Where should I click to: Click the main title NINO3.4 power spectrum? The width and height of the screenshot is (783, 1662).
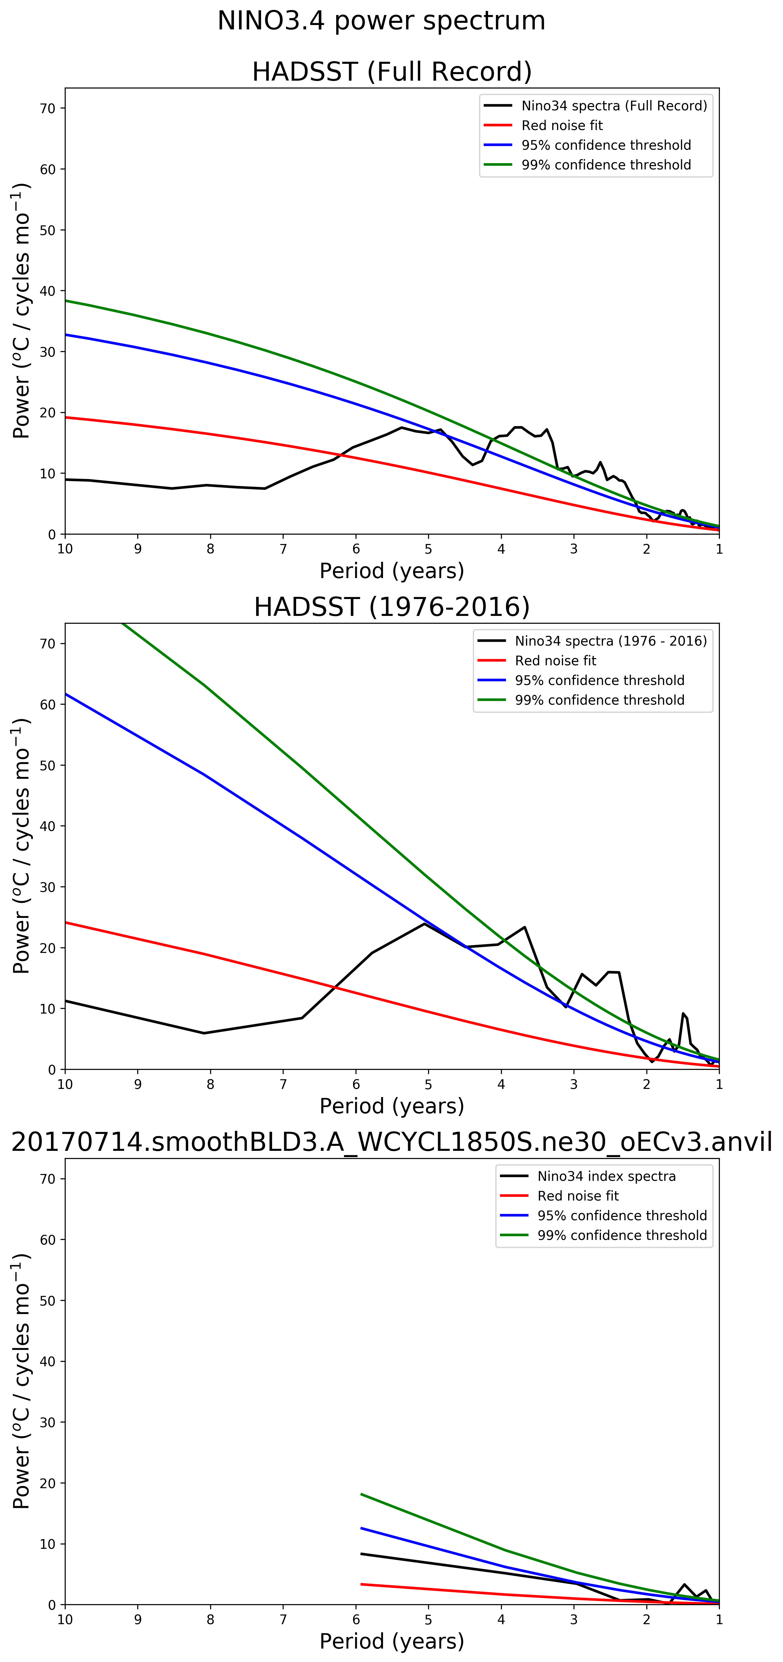click(x=381, y=21)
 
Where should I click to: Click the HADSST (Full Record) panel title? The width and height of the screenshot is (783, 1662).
click(x=392, y=72)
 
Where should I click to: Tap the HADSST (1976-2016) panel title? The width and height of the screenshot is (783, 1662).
click(x=392, y=607)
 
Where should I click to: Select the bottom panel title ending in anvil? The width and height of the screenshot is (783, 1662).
click(x=392, y=1142)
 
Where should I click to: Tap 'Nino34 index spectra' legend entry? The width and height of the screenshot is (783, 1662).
click(x=606, y=1176)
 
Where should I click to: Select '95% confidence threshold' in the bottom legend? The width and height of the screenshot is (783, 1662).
click(x=622, y=1216)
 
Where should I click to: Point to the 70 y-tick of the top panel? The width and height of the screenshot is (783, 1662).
click(x=48, y=108)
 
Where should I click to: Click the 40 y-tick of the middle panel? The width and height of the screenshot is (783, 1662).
click(x=48, y=826)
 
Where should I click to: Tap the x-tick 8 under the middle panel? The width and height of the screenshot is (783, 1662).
click(x=210, y=1085)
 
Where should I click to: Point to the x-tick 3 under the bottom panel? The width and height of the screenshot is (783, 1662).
click(x=574, y=1619)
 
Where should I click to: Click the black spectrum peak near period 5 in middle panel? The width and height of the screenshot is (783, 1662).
click(x=425, y=924)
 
